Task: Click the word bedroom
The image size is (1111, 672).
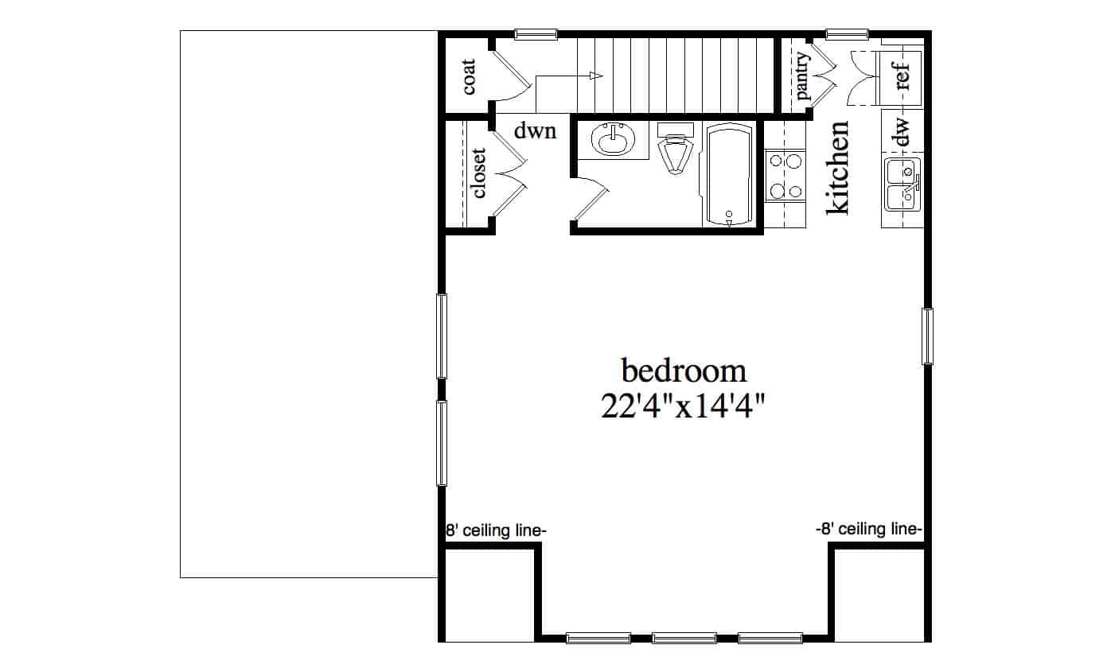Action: coord(684,371)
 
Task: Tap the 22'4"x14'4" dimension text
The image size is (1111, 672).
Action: coord(683,406)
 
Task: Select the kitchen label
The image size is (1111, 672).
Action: coord(838,168)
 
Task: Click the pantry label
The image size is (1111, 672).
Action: coord(801,76)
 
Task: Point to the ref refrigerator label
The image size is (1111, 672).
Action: coord(902,76)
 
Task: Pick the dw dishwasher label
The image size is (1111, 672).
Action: coord(902,132)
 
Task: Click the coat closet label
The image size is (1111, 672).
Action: coord(468,77)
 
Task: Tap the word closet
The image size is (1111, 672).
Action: coord(478,173)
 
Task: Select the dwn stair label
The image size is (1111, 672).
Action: coord(535,131)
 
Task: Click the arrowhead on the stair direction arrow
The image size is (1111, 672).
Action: coord(596,76)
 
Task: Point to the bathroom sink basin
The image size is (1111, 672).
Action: coord(614,139)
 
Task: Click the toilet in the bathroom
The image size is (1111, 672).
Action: coord(675,148)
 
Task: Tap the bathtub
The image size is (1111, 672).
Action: coord(729,175)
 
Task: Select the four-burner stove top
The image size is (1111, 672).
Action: coord(785,176)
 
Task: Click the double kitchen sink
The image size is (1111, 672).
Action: coord(902,185)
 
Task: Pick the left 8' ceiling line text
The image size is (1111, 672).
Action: coord(496,530)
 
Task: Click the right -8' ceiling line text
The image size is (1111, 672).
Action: coord(869,530)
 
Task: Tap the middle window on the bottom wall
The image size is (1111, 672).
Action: coord(684,639)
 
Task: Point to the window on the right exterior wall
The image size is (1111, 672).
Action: coord(927,336)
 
